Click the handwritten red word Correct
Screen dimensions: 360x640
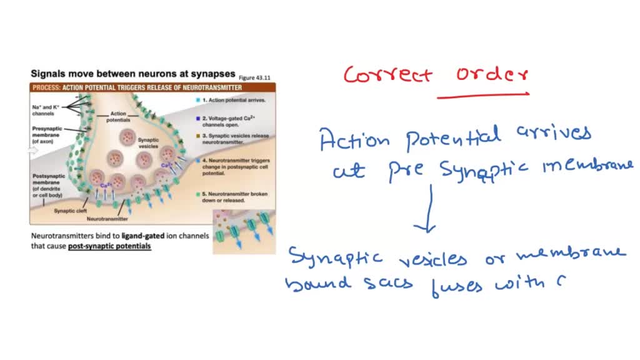(x=387, y=75)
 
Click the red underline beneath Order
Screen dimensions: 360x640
(x=482, y=96)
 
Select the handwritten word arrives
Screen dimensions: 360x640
(x=553, y=135)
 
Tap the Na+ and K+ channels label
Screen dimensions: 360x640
(x=46, y=110)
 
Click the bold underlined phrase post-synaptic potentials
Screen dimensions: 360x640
(x=109, y=246)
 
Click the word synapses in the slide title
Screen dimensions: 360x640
(x=213, y=73)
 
